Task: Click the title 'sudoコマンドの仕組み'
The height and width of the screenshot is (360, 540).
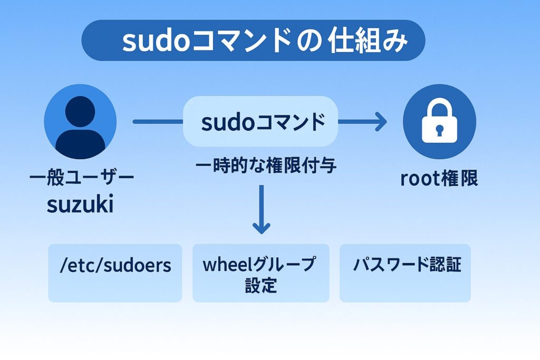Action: (253, 41)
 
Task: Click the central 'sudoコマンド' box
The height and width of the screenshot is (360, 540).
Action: (261, 122)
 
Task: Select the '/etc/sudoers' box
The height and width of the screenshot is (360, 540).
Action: (115, 273)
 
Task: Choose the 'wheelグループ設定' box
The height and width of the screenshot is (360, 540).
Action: (261, 273)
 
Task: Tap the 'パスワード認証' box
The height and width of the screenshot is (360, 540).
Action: (405, 273)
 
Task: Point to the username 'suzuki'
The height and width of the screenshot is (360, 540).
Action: (80, 205)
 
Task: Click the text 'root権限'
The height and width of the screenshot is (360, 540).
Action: (439, 179)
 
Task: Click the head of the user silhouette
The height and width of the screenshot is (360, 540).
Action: (80, 111)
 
